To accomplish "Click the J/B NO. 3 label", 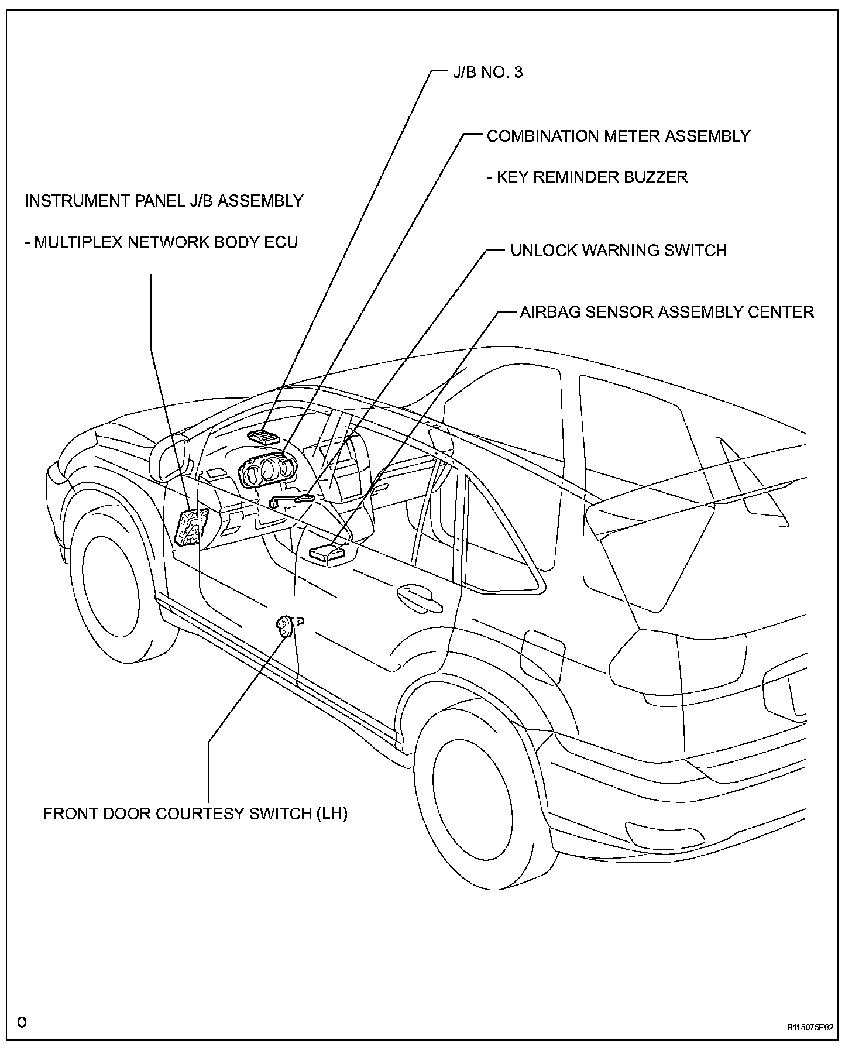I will (x=487, y=73).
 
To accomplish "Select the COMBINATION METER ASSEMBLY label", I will (x=619, y=136).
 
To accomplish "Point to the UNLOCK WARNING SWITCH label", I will (x=619, y=250).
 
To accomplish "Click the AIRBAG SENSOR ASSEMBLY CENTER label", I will (x=667, y=311).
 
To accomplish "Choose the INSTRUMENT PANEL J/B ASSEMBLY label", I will (x=164, y=201).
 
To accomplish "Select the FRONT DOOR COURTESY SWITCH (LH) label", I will (x=195, y=814).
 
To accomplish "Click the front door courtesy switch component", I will (x=285, y=626).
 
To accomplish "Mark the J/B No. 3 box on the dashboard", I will (x=263, y=435).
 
